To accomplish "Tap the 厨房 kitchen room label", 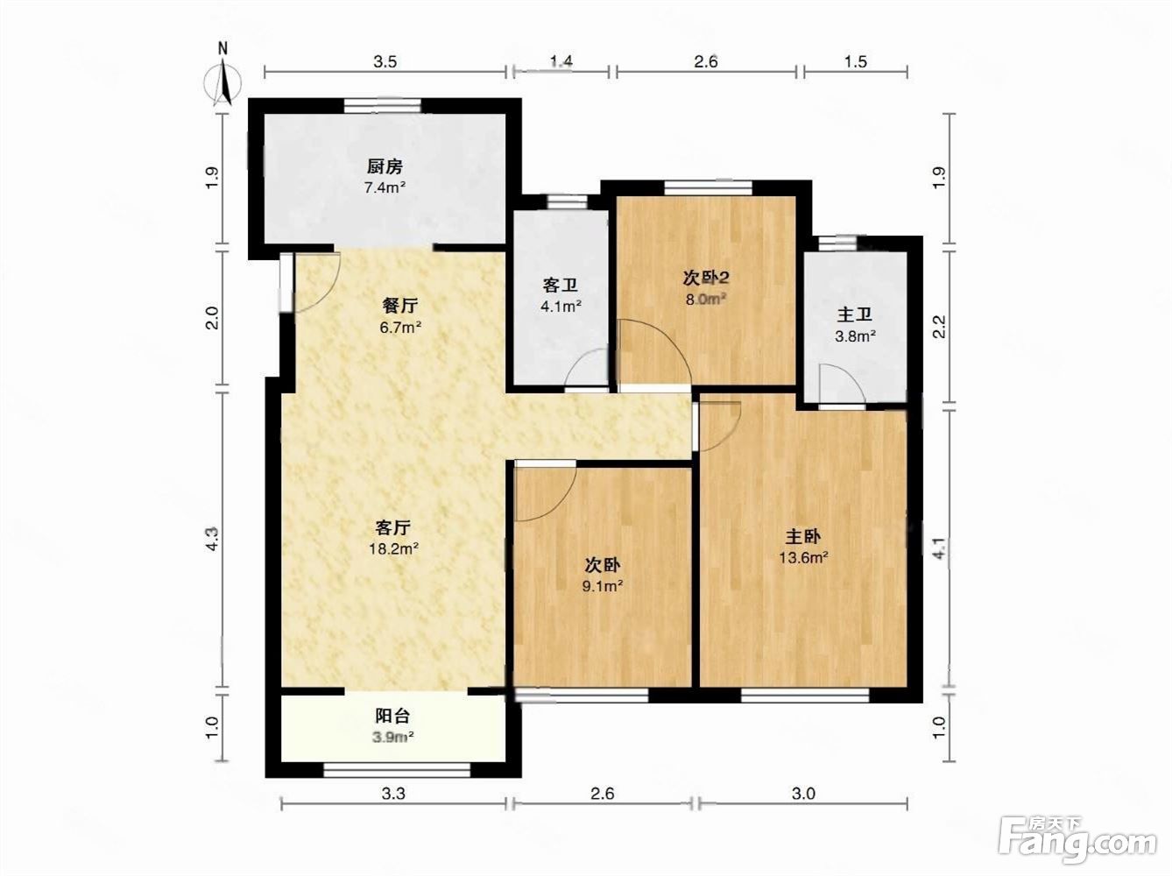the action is click(x=385, y=167).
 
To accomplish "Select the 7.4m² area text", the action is click(x=385, y=188).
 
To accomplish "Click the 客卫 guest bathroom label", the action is click(x=560, y=286).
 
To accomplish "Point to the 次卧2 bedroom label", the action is click(x=706, y=278).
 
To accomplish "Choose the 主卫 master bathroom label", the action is click(x=855, y=315).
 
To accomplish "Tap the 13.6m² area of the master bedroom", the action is click(x=803, y=558).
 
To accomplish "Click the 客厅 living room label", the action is click(x=393, y=528).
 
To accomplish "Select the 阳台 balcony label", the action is click(x=392, y=716).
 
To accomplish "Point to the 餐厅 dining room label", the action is click(x=400, y=307).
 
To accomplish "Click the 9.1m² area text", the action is click(x=603, y=587).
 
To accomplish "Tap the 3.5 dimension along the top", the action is click(x=385, y=62).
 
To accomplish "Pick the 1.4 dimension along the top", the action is click(x=561, y=61).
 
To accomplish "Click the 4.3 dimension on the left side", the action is click(x=213, y=539).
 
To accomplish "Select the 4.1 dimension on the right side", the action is click(x=939, y=548).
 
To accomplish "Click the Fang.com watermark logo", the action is click(x=1077, y=844).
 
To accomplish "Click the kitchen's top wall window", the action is click(x=382, y=106).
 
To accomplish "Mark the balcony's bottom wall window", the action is click(x=397, y=770).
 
